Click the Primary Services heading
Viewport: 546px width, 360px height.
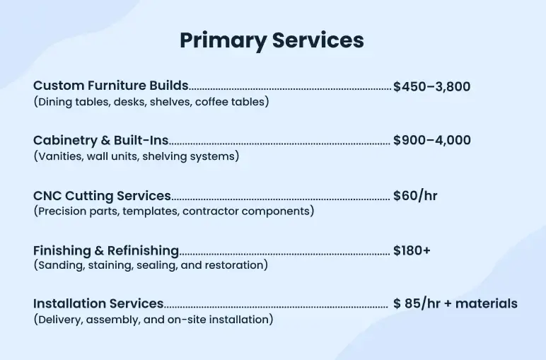pos(272,40)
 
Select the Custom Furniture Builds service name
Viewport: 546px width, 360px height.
pos(110,86)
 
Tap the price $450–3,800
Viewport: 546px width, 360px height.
pos(431,87)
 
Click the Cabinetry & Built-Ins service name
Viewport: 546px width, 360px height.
pos(100,141)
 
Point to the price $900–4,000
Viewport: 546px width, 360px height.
pos(431,141)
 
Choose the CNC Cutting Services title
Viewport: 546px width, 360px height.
pos(102,195)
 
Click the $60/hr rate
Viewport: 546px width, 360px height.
pos(415,196)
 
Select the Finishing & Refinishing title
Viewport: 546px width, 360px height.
pos(105,250)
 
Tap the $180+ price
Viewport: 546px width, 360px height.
pos(412,250)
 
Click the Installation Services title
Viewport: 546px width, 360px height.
pos(98,303)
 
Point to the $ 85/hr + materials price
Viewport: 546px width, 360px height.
pos(455,304)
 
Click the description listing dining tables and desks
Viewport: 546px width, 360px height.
pos(151,102)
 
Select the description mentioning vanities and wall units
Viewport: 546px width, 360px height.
pos(136,156)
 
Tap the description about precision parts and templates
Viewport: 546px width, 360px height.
pos(174,211)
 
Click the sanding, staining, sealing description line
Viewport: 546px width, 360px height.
pos(151,265)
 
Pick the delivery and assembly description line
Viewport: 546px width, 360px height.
pos(153,320)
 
